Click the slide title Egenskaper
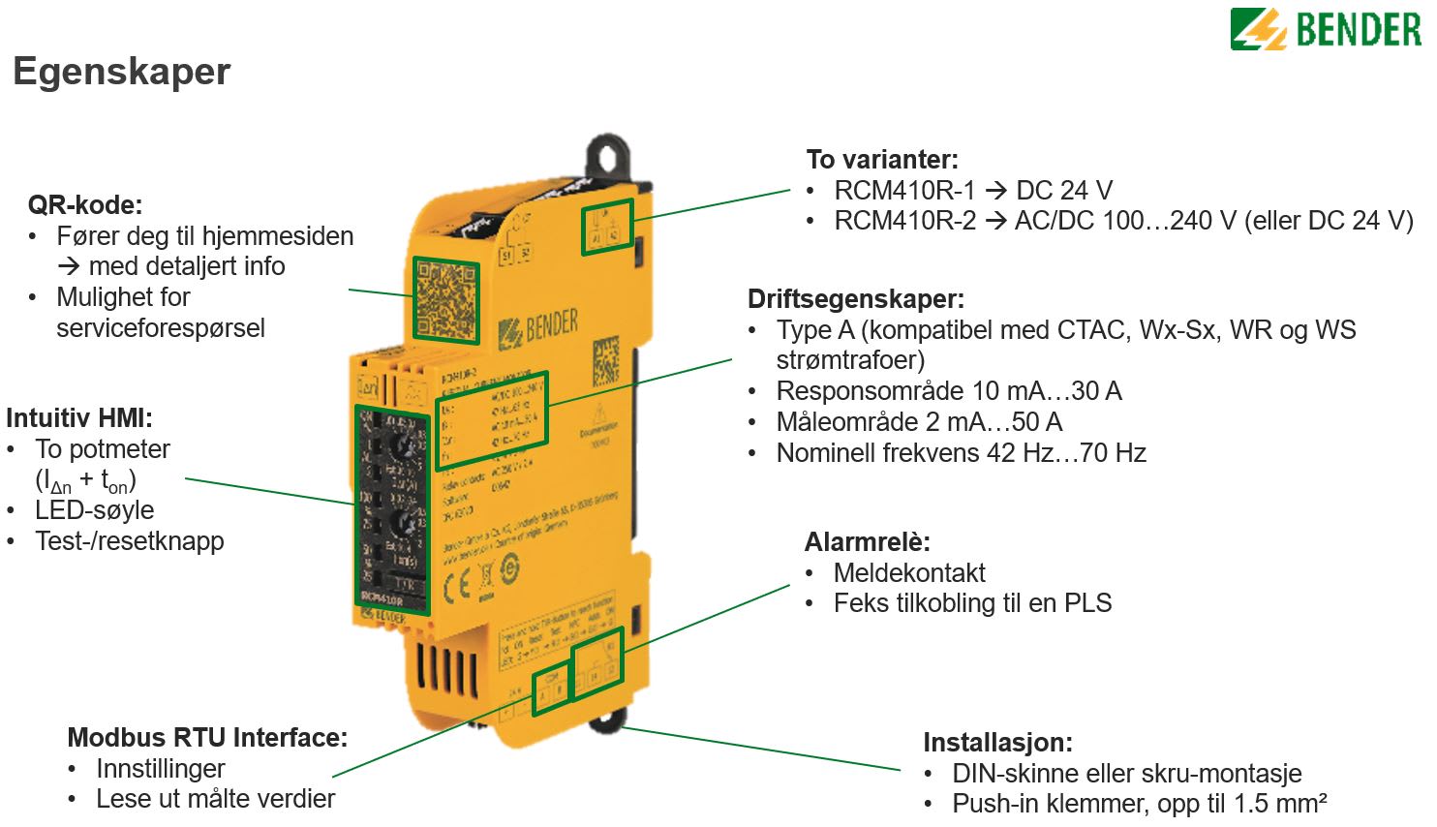click(x=122, y=72)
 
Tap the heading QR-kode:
click(x=85, y=205)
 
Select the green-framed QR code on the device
click(x=446, y=299)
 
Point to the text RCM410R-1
click(x=904, y=191)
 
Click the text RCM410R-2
click(x=904, y=221)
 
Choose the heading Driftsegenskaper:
click(x=856, y=299)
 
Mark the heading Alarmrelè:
click(x=867, y=542)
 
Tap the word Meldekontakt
click(x=909, y=573)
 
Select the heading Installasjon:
click(x=997, y=743)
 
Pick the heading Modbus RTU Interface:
click(x=207, y=738)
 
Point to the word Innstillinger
click(x=161, y=769)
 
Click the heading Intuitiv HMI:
click(x=79, y=418)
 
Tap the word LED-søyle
click(x=95, y=510)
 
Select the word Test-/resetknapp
click(x=130, y=541)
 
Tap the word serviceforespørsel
click(x=161, y=328)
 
